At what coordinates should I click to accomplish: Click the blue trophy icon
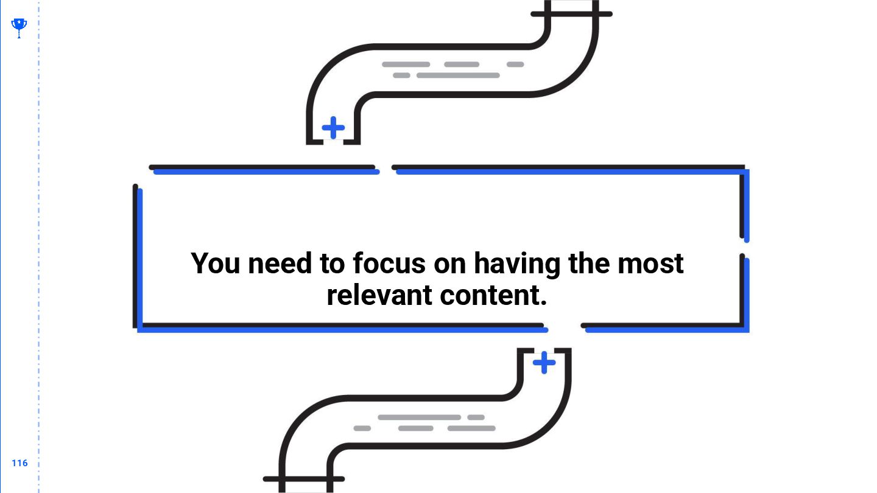coord(19,27)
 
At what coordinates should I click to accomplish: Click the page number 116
coord(19,463)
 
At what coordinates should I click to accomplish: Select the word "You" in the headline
coord(216,264)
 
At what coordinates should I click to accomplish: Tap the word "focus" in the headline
coord(389,264)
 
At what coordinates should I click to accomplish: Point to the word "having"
coord(517,264)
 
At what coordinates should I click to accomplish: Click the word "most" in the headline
coord(650,264)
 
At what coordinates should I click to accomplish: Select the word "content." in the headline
coord(493,296)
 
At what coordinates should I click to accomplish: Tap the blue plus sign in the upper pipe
coord(333,128)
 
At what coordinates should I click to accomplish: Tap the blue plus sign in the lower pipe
coord(544,363)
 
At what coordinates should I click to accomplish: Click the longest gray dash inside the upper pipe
coord(458,75)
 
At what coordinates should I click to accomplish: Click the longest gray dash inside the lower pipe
coord(419,418)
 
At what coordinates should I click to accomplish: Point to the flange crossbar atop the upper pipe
coord(571,14)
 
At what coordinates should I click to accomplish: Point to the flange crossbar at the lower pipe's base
coord(304,479)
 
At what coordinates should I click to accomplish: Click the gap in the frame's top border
coord(386,169)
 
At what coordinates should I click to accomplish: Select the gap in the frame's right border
coord(744,248)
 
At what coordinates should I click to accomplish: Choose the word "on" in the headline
coord(450,264)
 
